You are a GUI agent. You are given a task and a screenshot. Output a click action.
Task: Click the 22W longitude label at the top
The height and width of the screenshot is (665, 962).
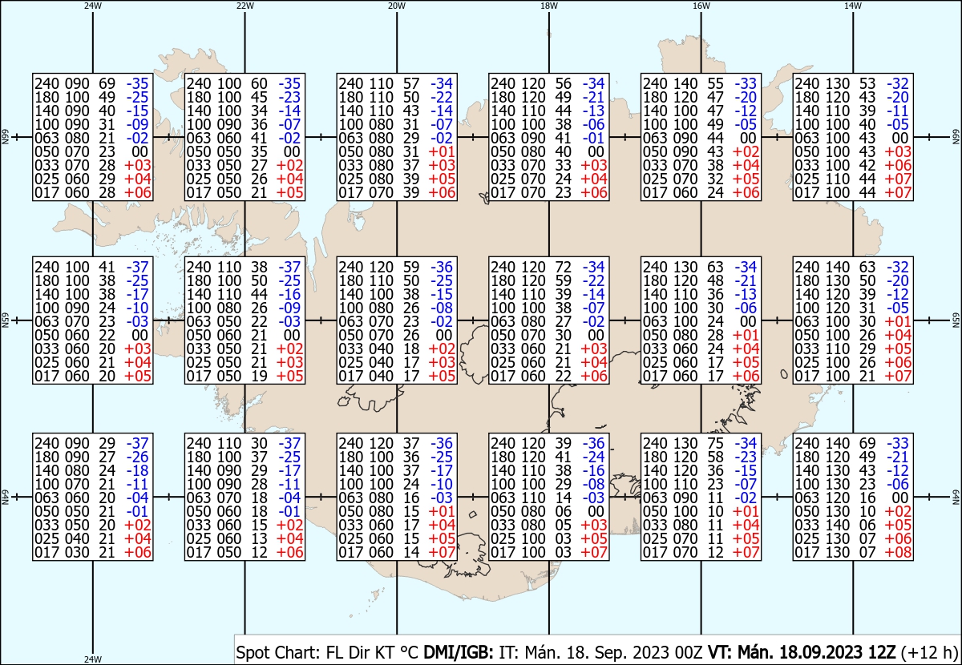pos(245,6)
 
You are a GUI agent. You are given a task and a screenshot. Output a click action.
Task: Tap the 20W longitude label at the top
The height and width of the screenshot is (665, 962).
pos(397,6)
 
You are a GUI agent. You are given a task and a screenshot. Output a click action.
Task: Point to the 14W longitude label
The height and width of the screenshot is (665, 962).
pos(853,6)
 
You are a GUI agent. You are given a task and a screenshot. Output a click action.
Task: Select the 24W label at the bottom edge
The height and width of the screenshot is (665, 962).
pos(93,659)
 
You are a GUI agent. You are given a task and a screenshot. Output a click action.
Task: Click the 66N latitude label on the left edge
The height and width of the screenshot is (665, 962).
pos(6,137)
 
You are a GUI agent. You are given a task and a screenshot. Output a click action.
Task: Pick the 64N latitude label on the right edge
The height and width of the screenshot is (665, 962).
pos(956,497)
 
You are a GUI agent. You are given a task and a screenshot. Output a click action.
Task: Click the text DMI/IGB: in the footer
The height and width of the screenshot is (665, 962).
pos(459,652)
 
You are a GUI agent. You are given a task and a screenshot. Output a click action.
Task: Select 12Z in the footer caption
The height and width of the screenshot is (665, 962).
pos(881,652)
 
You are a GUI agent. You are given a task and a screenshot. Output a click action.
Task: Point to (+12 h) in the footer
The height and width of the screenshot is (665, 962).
pos(929,652)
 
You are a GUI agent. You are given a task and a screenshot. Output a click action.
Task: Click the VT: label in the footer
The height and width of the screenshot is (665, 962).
pos(720,652)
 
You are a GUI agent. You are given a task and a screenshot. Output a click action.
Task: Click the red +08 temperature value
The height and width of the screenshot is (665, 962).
pos(898,552)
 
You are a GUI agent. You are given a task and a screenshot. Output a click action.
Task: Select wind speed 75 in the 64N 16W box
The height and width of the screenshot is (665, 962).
pos(715,443)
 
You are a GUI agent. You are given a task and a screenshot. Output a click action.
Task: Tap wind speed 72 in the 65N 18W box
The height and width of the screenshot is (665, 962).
pos(563,267)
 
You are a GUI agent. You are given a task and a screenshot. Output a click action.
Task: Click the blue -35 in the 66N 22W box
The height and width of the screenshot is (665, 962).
pos(289,83)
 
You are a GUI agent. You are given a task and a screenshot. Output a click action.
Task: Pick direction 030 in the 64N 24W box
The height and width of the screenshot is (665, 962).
pos(77,552)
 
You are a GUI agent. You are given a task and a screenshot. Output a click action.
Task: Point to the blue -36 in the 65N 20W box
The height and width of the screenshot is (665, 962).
pos(442,267)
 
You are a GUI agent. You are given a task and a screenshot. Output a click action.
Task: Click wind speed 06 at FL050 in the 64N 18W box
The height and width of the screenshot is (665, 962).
pos(563,511)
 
